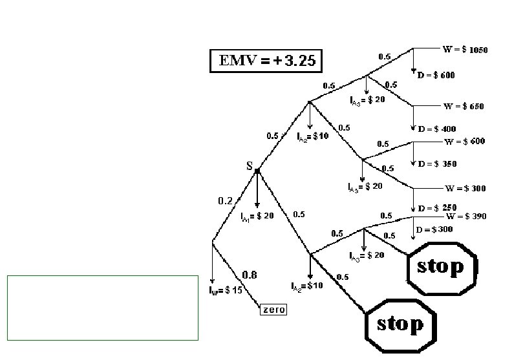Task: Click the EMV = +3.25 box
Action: point(266,61)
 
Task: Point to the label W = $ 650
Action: point(463,106)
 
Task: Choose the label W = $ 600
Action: point(464,142)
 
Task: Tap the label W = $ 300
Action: point(464,189)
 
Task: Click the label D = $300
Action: point(434,229)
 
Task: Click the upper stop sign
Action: point(442,266)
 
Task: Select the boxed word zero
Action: point(273,310)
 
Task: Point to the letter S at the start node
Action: point(249,166)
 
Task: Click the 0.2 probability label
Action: point(225,201)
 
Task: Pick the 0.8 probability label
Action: point(250,275)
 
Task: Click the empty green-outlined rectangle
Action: point(102,308)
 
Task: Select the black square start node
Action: point(257,171)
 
